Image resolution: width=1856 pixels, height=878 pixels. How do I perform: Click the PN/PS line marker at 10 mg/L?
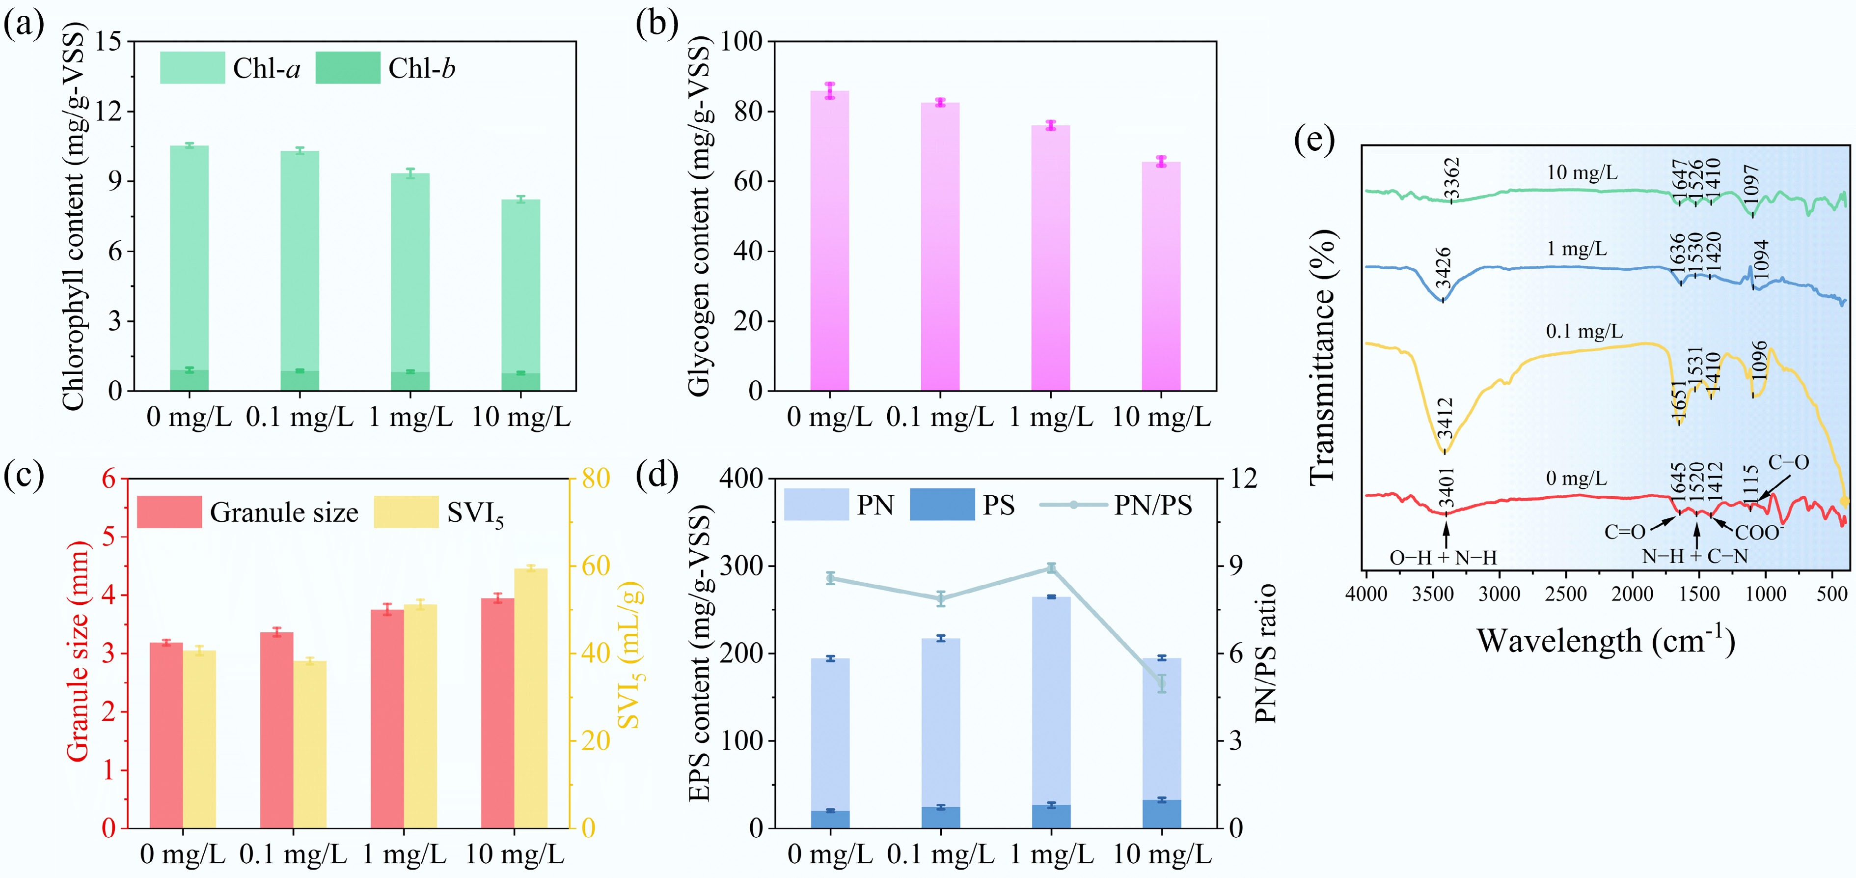click(1161, 683)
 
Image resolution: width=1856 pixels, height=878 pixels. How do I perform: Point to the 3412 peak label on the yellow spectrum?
click(1445, 418)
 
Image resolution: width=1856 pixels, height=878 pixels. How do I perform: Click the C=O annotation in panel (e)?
click(1625, 532)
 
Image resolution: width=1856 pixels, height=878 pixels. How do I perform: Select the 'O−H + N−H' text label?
click(1443, 557)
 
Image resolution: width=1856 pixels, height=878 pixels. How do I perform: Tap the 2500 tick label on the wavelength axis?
click(1566, 594)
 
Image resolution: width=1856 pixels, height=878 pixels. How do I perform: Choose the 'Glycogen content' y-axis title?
click(699, 216)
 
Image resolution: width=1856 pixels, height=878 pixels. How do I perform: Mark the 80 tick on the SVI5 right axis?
click(595, 478)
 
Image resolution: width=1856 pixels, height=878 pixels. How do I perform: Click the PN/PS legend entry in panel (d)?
click(1152, 505)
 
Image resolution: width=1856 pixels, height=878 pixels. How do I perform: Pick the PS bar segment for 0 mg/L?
click(830, 819)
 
